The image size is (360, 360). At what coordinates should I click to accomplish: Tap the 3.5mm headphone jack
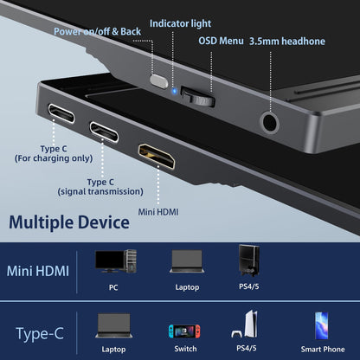tap(271, 120)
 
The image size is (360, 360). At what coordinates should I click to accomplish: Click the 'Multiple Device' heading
tap(69, 222)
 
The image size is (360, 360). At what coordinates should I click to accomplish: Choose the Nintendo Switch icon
tap(186, 329)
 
